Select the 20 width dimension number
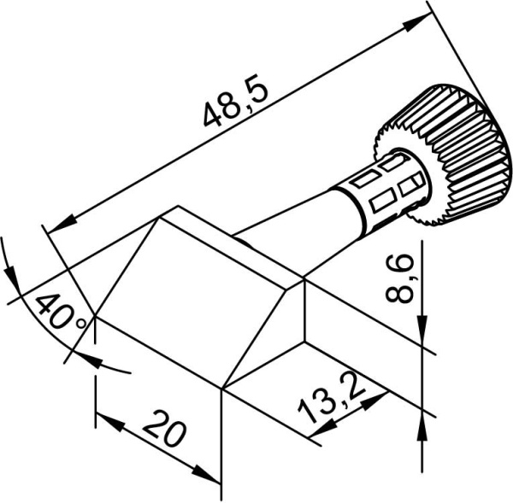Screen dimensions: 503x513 point(164,430)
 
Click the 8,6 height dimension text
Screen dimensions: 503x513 point(401,278)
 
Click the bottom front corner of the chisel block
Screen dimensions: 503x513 point(221,389)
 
